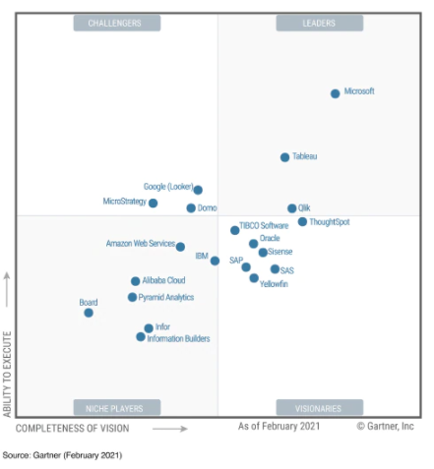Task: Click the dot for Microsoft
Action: [x=336, y=93]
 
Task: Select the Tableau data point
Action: [x=285, y=157]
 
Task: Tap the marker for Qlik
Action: [x=292, y=208]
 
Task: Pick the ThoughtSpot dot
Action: [x=303, y=222]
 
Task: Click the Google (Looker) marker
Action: [x=198, y=190]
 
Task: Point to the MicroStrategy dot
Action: [x=153, y=204]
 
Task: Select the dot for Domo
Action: [x=191, y=208]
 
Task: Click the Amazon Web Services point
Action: [x=180, y=247]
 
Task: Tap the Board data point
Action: [x=89, y=313]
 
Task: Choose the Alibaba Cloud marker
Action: [x=136, y=281]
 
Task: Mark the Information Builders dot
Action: [x=141, y=337]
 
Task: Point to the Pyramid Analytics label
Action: [x=166, y=297]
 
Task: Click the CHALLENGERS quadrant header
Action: [x=115, y=23]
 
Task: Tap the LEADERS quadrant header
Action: [x=319, y=23]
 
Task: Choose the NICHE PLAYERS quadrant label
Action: [x=115, y=408]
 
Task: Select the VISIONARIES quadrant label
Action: [x=319, y=408]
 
